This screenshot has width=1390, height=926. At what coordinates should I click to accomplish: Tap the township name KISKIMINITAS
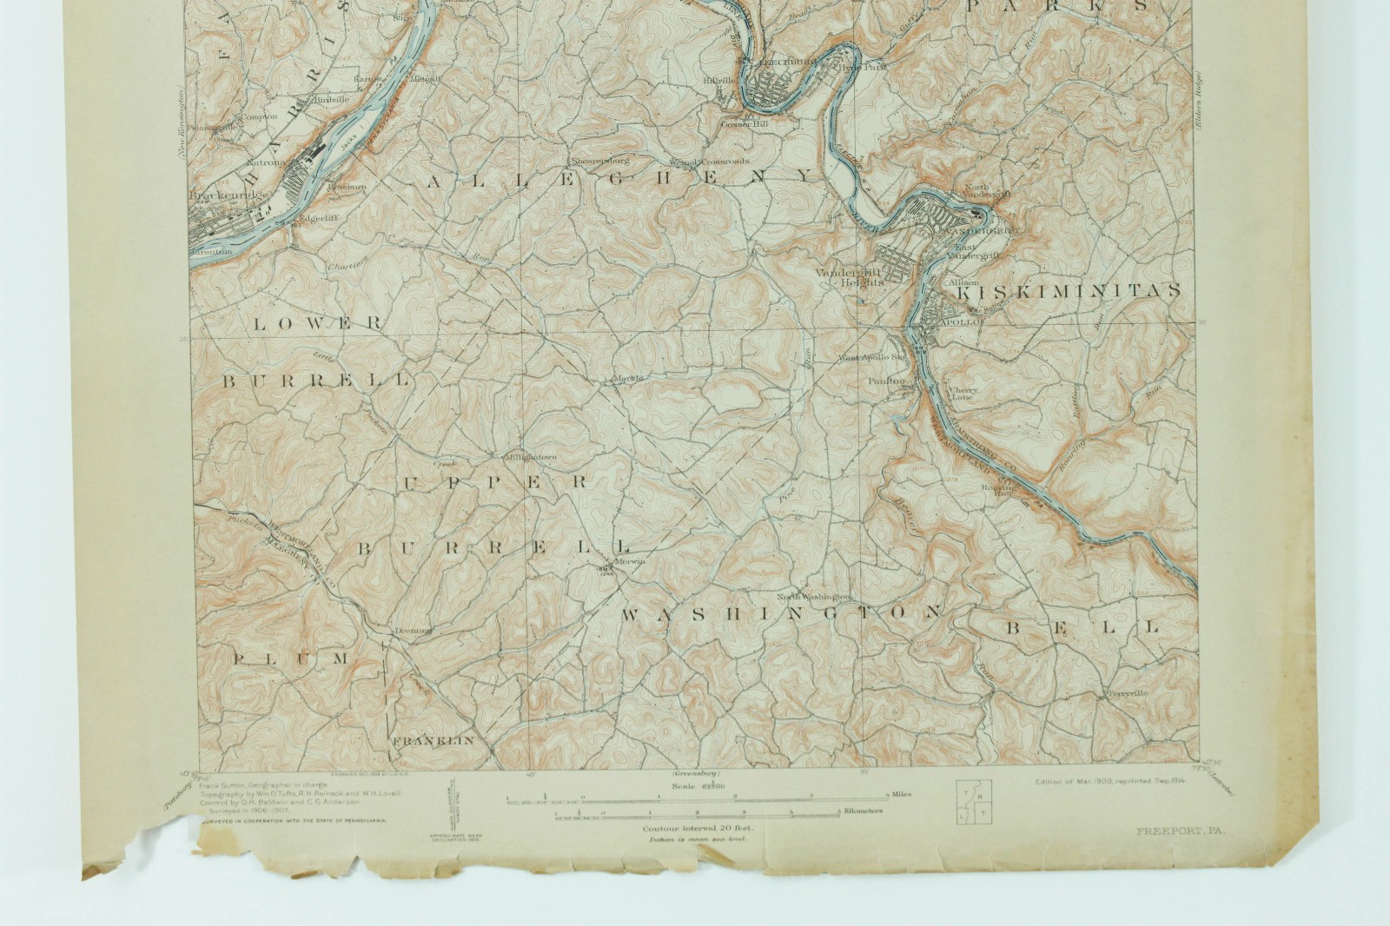coord(1067,291)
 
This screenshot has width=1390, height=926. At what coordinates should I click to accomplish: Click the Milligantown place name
coord(529,456)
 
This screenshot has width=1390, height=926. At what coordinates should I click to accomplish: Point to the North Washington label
coord(813,597)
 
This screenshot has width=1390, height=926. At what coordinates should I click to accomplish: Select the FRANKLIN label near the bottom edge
coord(420,741)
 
